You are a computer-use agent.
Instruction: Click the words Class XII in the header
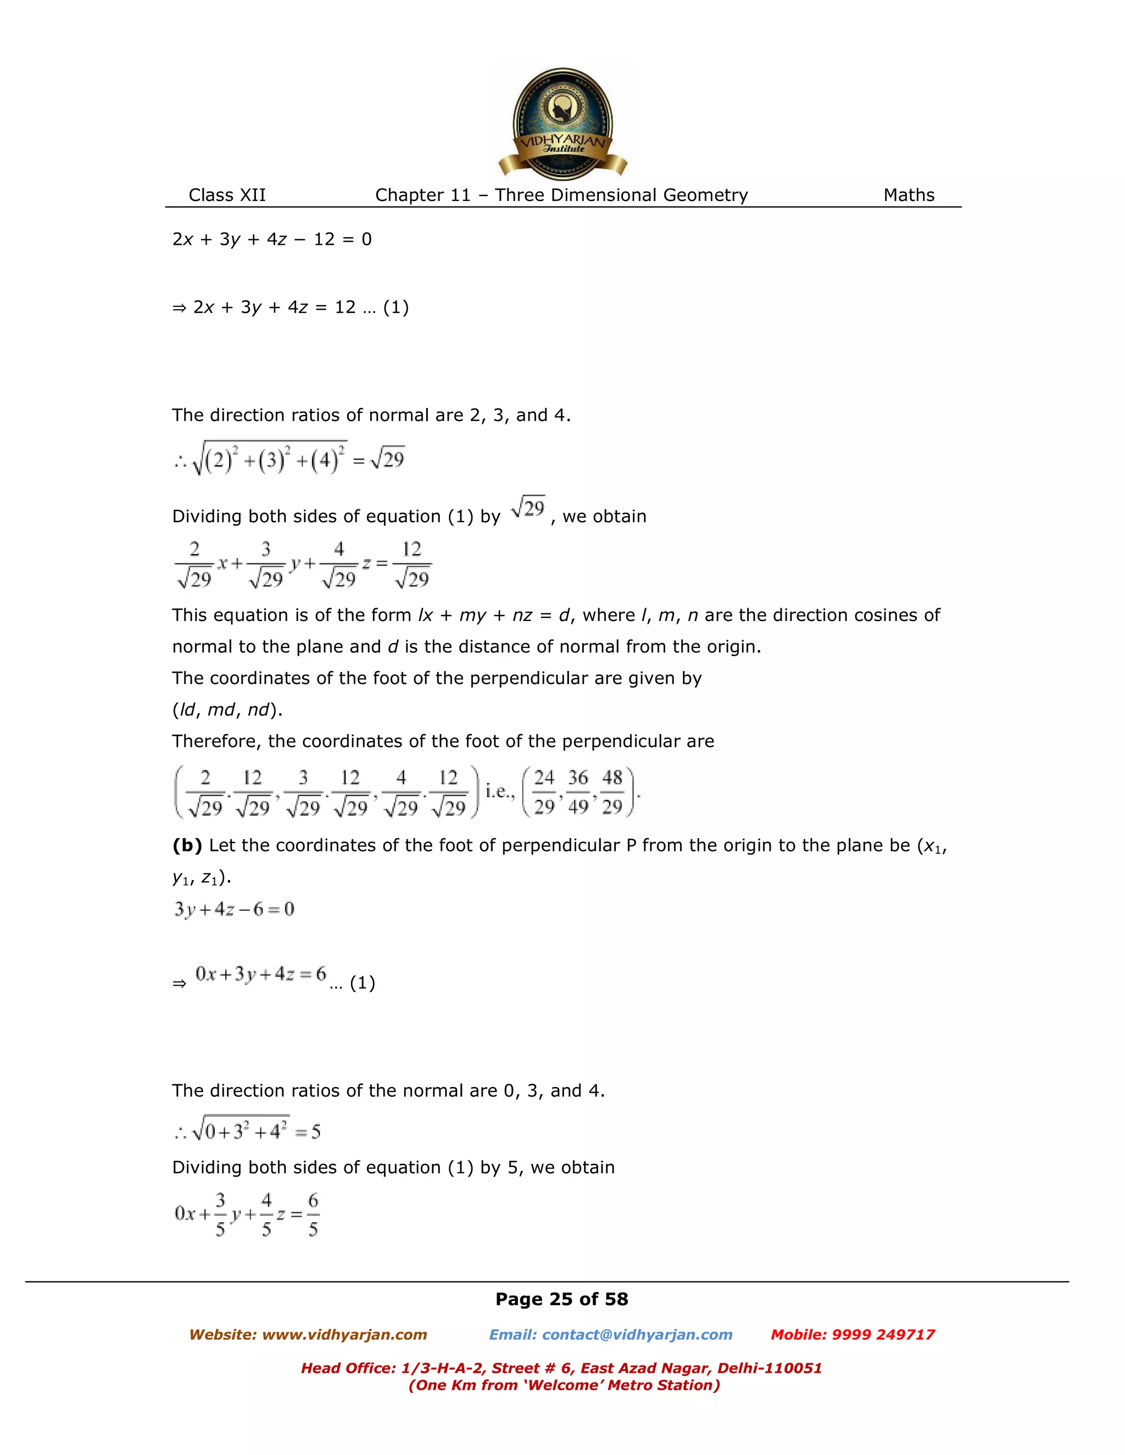[227, 195]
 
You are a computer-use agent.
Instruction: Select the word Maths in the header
[909, 195]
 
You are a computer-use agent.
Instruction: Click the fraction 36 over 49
[578, 792]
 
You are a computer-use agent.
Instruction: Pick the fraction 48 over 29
[612, 792]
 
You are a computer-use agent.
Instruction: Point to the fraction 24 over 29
[544, 792]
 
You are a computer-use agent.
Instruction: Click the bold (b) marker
[187, 846]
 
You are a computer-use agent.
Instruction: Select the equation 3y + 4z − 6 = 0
[234, 909]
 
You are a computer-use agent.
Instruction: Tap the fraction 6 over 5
[313, 1215]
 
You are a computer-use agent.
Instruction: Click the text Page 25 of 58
[562, 1299]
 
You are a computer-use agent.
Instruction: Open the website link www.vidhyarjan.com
[344, 1334]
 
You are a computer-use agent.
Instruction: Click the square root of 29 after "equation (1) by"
[528, 508]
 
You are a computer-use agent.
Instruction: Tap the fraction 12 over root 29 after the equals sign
[411, 564]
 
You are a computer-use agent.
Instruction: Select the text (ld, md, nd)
[227, 709]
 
